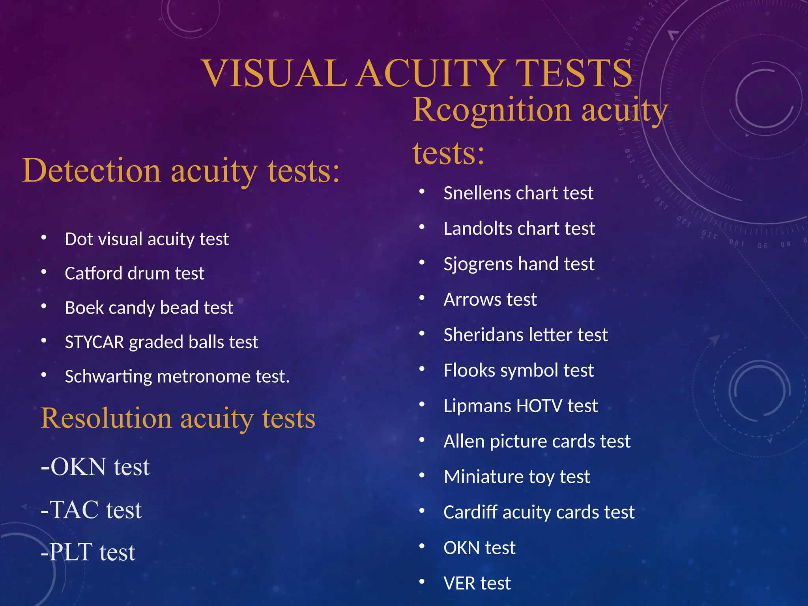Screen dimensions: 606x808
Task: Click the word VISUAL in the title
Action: point(275,73)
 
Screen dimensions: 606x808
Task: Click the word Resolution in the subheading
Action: point(106,418)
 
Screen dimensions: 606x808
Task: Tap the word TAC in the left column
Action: point(74,510)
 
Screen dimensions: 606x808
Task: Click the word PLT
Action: point(71,552)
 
